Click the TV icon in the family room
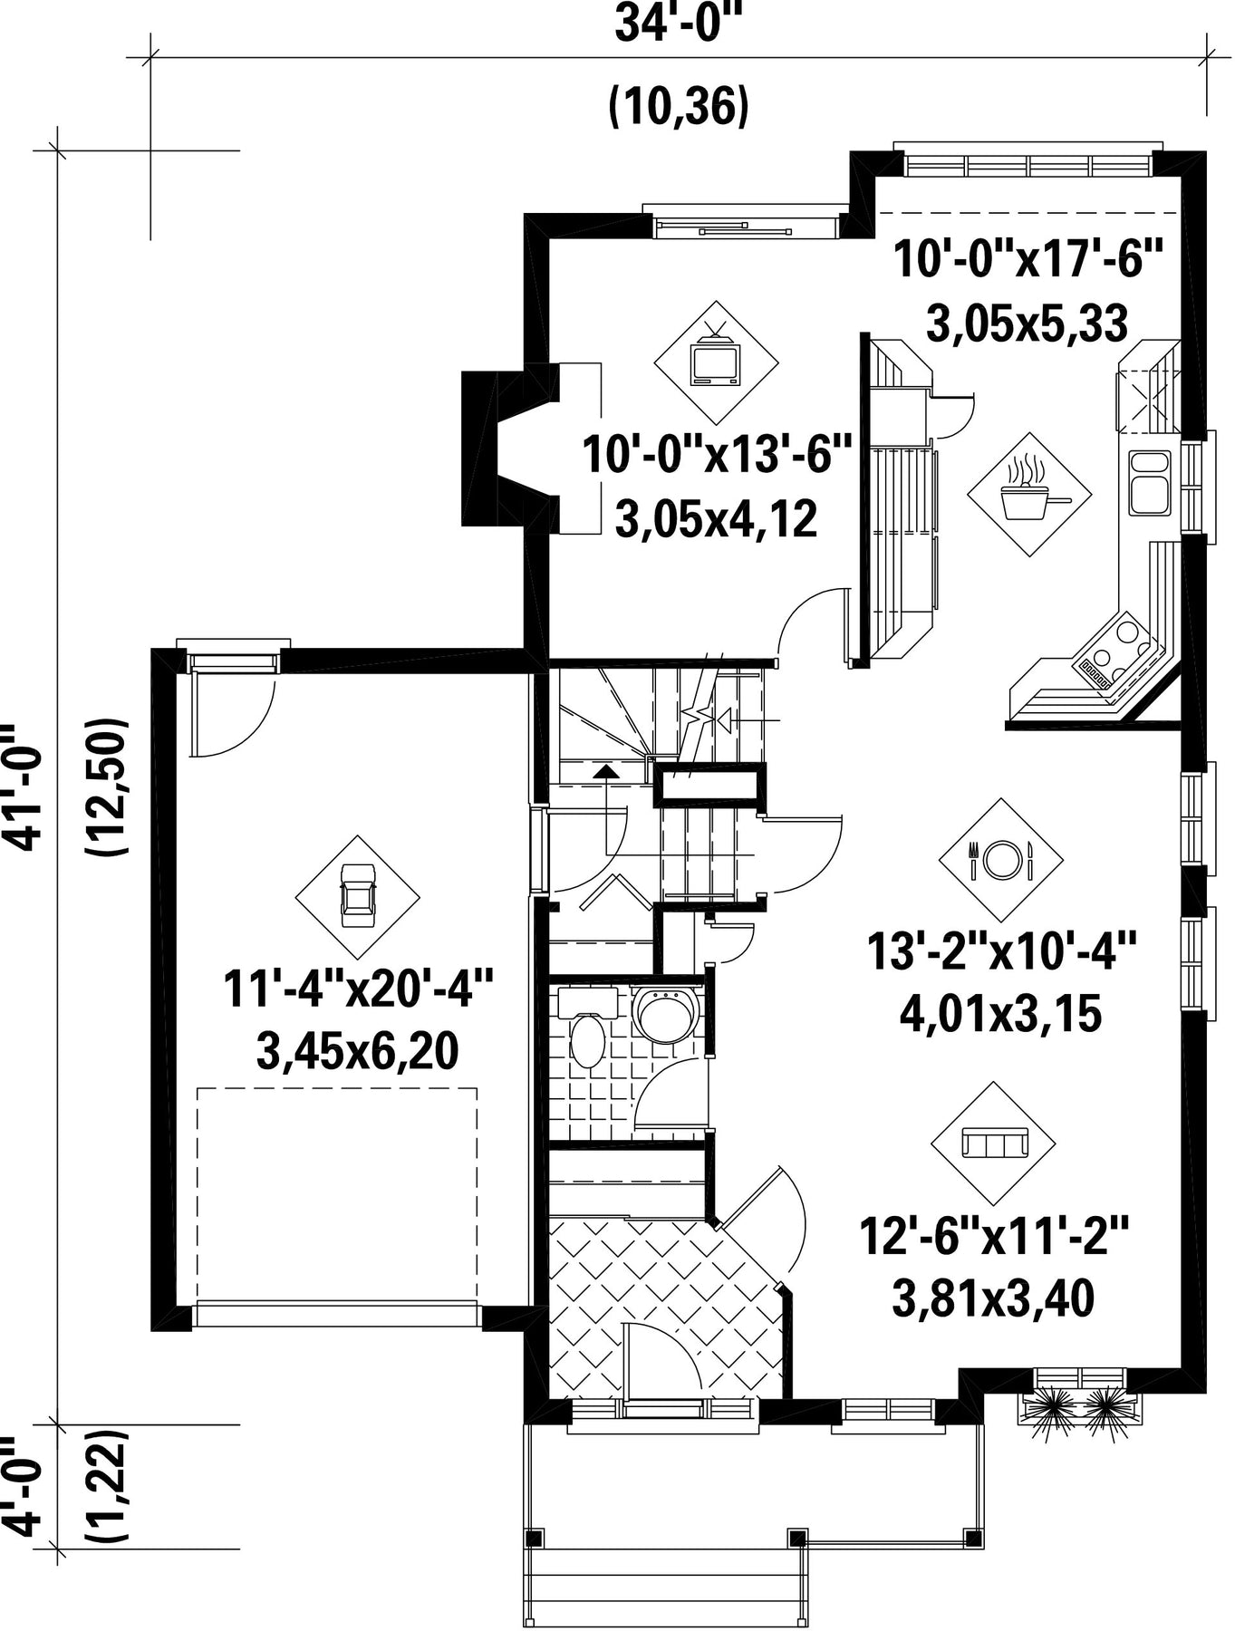pos(716,360)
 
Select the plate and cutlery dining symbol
pos(1001,859)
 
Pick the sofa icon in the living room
pos(994,1144)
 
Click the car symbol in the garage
pos(357,895)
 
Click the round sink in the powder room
pos(666,1014)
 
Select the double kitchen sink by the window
pos(1149,482)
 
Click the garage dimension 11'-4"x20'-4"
pos(358,989)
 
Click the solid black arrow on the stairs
pos(604,771)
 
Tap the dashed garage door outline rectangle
pos(337,1194)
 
